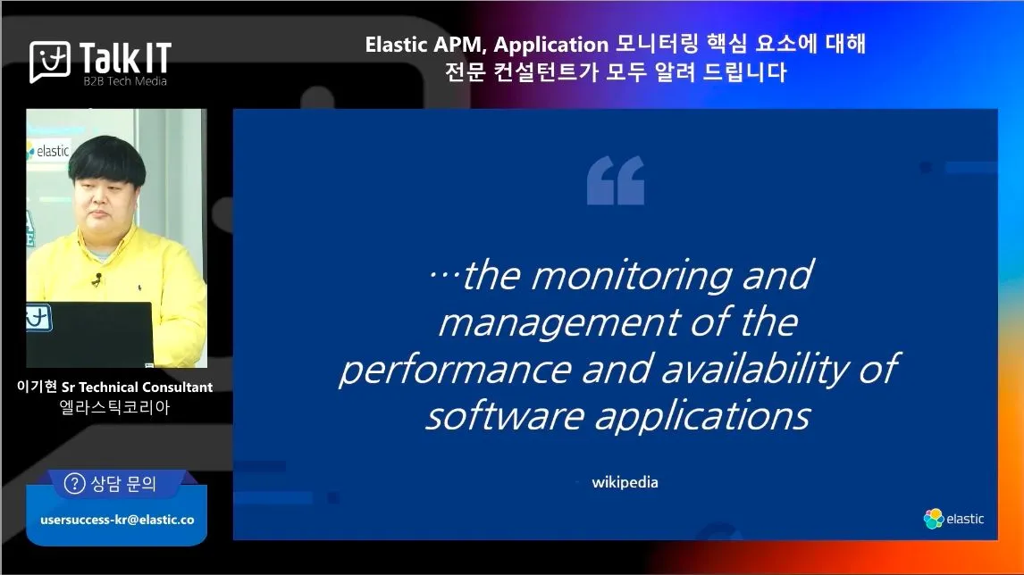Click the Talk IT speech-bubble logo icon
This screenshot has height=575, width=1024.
coord(50,62)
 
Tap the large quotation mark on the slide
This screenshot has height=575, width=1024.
coord(615,180)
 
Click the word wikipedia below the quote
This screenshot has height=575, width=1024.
coord(625,482)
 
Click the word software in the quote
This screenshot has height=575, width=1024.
coord(505,416)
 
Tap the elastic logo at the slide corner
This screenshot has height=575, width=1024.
coord(953,519)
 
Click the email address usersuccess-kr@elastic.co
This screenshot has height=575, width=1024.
coord(117,520)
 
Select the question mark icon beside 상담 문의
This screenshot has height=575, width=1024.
coord(74,484)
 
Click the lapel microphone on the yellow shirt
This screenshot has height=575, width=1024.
coord(97,279)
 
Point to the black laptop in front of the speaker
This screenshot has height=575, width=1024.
coord(90,334)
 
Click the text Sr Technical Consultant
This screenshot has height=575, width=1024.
coord(137,387)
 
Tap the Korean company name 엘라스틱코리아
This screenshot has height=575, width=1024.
coord(115,408)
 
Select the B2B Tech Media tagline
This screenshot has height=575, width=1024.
coord(125,81)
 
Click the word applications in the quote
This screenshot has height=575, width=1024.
coord(702,416)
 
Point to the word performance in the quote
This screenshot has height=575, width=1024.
coord(455,370)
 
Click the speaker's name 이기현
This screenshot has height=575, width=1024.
coord(37,387)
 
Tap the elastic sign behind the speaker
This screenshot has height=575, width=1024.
coord(47,152)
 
